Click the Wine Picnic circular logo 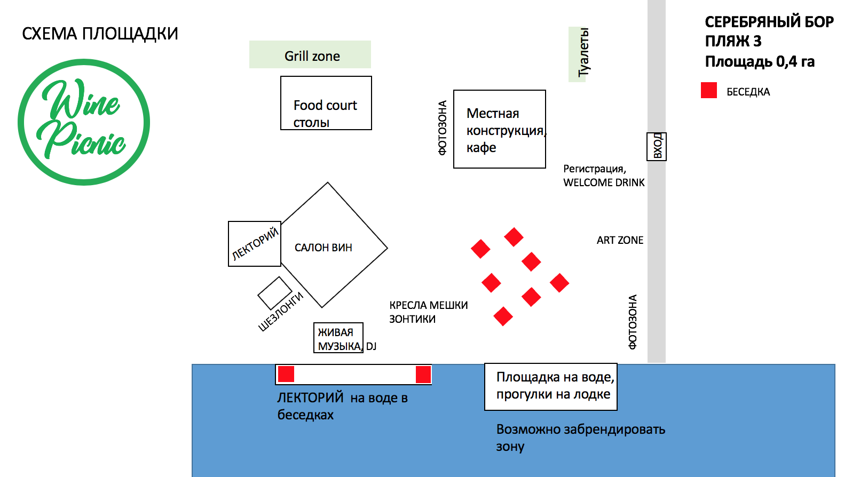[84, 122]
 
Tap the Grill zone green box [310, 54]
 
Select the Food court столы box [326, 103]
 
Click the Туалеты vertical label [583, 53]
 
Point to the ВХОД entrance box [657, 146]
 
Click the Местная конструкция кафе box [499, 129]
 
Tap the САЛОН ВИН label [323, 248]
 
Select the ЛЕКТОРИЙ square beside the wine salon [255, 244]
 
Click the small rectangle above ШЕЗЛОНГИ [274, 292]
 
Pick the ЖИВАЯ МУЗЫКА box [338, 338]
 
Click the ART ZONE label [620, 240]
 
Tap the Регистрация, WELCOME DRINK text [604, 176]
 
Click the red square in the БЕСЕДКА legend [709, 90]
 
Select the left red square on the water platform [286, 374]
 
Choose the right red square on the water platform [423, 374]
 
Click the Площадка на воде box [550, 387]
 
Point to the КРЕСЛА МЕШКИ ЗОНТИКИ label [428, 312]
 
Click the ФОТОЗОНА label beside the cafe [443, 128]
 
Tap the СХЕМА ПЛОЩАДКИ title [100, 34]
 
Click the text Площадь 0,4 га [760, 62]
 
